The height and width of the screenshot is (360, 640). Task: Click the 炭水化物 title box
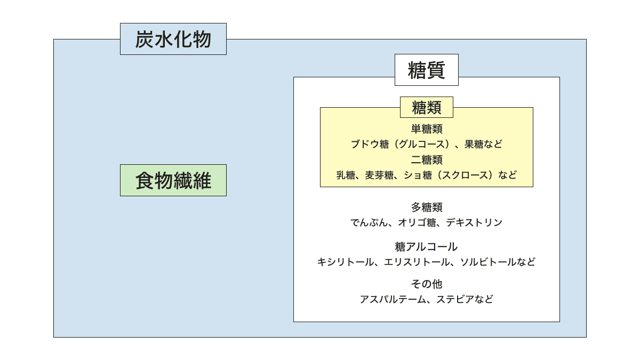[173, 39]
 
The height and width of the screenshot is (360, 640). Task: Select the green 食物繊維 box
[173, 180]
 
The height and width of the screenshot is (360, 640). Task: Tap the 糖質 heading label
[427, 70]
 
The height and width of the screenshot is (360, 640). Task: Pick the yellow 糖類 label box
[427, 107]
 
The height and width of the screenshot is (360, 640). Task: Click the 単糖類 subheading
[427, 129]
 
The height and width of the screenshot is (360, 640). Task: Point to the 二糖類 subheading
[427, 159]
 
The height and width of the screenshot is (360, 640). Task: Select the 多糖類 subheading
[427, 207]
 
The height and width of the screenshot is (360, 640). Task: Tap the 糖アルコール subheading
[426, 246]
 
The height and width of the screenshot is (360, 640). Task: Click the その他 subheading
[427, 284]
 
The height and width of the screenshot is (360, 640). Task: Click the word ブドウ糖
[370, 144]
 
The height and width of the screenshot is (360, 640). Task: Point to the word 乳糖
[346, 175]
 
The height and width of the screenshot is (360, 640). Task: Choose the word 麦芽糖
[379, 175]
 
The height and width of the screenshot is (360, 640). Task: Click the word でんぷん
[370, 222]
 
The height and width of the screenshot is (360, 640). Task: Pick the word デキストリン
[474, 222]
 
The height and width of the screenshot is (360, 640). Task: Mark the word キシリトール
[346, 262]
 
